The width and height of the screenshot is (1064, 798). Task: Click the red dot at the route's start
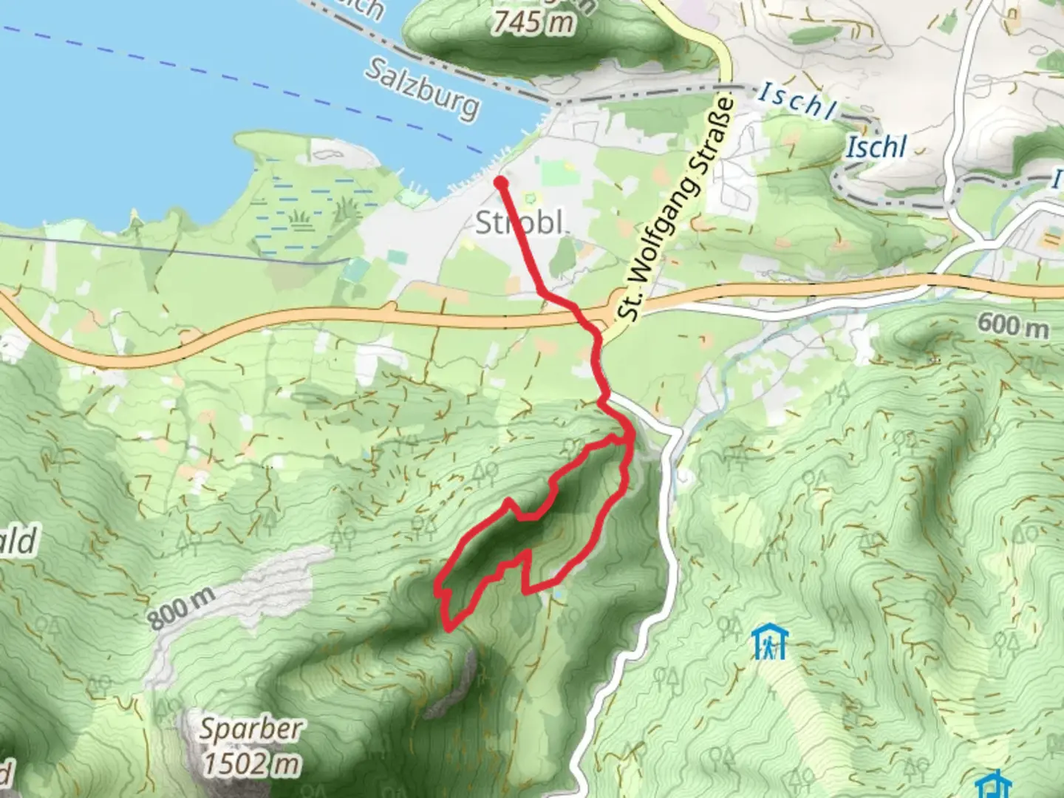click(500, 181)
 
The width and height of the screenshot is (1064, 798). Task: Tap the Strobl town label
click(520, 222)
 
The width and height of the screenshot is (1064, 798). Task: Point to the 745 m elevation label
click(533, 22)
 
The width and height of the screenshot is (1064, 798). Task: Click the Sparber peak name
click(250, 730)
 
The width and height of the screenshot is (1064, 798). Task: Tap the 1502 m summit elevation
click(251, 763)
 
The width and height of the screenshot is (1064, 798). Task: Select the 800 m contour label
click(182, 608)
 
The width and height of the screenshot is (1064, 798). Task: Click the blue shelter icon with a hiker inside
click(770, 642)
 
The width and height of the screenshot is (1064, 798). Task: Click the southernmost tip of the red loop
click(449, 629)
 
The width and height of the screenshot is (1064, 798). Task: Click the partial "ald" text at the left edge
click(16, 543)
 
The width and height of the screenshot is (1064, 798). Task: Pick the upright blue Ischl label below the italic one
click(876, 147)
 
